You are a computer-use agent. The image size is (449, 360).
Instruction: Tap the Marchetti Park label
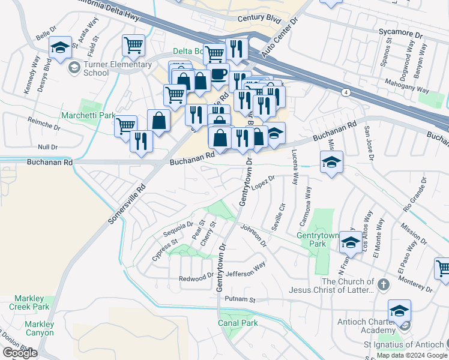coord(88,115)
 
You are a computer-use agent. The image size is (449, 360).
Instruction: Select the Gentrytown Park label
coord(319,240)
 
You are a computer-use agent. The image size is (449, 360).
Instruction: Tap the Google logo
coord(20,353)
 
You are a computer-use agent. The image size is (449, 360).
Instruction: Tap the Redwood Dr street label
coord(196,279)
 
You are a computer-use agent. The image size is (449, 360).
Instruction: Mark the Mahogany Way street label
coord(406,84)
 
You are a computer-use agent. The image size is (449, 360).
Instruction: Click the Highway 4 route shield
coord(346,92)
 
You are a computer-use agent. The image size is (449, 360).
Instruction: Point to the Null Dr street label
coord(47,146)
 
